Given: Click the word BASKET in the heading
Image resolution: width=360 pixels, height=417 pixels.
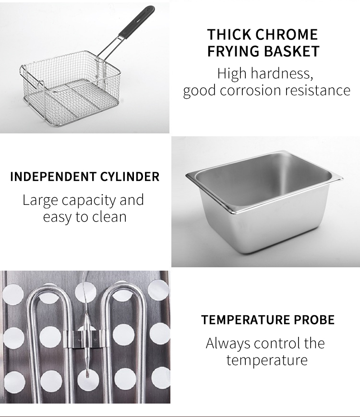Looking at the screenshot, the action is (x=292, y=51).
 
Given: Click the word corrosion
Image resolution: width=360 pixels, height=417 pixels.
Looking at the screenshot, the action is (x=251, y=90).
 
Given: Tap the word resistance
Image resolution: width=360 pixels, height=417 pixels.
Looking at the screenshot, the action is (x=318, y=90).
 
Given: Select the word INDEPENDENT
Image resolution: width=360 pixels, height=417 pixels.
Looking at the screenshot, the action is (x=53, y=177).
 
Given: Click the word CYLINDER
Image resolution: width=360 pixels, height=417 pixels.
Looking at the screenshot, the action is (x=130, y=177).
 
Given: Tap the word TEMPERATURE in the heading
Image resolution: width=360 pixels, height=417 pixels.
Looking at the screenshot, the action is (x=245, y=320).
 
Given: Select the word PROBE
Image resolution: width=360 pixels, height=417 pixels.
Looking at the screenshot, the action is (x=314, y=320).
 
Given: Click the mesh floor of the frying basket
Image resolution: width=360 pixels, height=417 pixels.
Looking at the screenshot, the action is (x=72, y=102).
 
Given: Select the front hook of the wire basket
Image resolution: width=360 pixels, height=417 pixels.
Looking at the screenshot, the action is (x=41, y=84).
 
